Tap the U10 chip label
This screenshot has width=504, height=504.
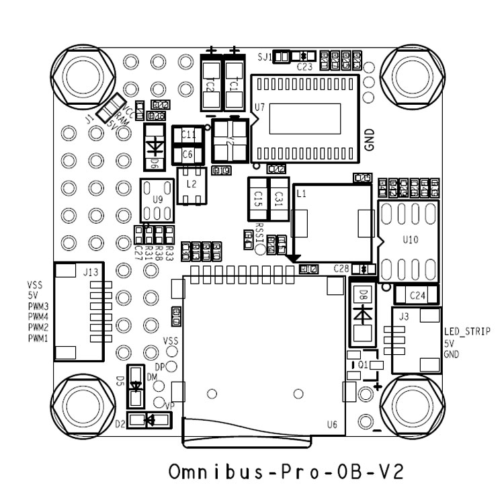411,239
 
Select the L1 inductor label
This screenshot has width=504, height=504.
301,194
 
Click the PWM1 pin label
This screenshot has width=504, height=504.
38,337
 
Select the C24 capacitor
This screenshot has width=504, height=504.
416,294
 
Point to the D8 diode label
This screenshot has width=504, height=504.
363,293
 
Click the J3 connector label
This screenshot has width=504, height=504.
403,316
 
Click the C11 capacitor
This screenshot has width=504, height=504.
188,135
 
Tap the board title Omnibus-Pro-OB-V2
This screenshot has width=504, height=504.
286,470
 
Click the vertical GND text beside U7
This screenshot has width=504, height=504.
369,137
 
